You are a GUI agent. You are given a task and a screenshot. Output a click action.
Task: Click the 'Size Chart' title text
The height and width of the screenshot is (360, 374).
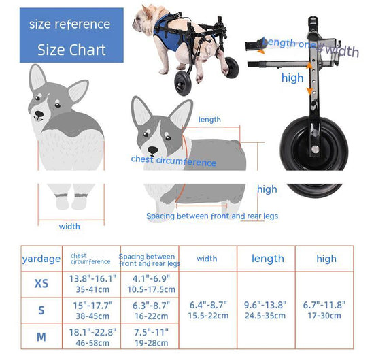pos(71,50)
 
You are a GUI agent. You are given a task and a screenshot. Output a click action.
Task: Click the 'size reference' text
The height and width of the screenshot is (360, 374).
pos(69,24)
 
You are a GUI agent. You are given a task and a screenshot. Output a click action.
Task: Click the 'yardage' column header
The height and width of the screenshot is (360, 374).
pos(41,259)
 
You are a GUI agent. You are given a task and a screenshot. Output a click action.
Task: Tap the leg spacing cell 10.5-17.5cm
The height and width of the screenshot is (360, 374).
pos(149,289)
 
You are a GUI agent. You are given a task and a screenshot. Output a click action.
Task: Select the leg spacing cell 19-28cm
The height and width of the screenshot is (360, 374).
pos(149,342)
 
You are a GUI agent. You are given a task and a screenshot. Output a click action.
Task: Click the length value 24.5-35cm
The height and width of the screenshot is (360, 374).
pos(265,316)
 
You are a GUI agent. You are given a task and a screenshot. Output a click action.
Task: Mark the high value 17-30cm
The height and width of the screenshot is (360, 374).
pos(324,316)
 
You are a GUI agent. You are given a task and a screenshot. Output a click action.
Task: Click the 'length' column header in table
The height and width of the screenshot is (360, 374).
pos(267,259)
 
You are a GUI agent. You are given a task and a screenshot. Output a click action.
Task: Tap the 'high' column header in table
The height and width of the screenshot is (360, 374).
pos(326,259)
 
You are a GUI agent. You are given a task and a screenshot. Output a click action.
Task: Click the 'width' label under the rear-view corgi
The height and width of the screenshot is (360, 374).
pos(69,227)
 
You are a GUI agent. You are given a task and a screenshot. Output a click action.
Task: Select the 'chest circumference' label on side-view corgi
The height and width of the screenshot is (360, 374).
pos(173,161)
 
